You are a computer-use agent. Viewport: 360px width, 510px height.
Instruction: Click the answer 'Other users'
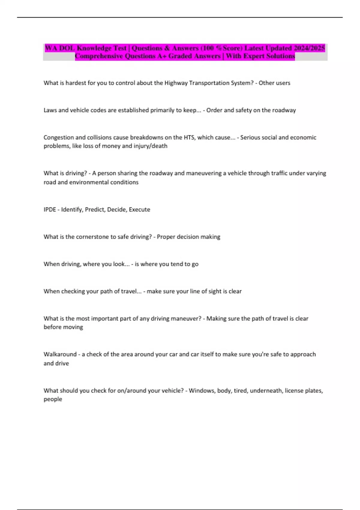[x=274, y=83]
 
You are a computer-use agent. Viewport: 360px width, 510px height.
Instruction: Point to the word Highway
[x=176, y=83]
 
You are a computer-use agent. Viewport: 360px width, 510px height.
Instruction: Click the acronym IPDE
[x=50, y=209]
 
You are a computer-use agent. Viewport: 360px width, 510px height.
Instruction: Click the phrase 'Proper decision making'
[x=188, y=237]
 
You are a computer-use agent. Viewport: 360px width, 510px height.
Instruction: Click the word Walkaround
[x=60, y=354]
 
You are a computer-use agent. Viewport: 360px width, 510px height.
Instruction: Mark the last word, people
[x=53, y=399]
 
